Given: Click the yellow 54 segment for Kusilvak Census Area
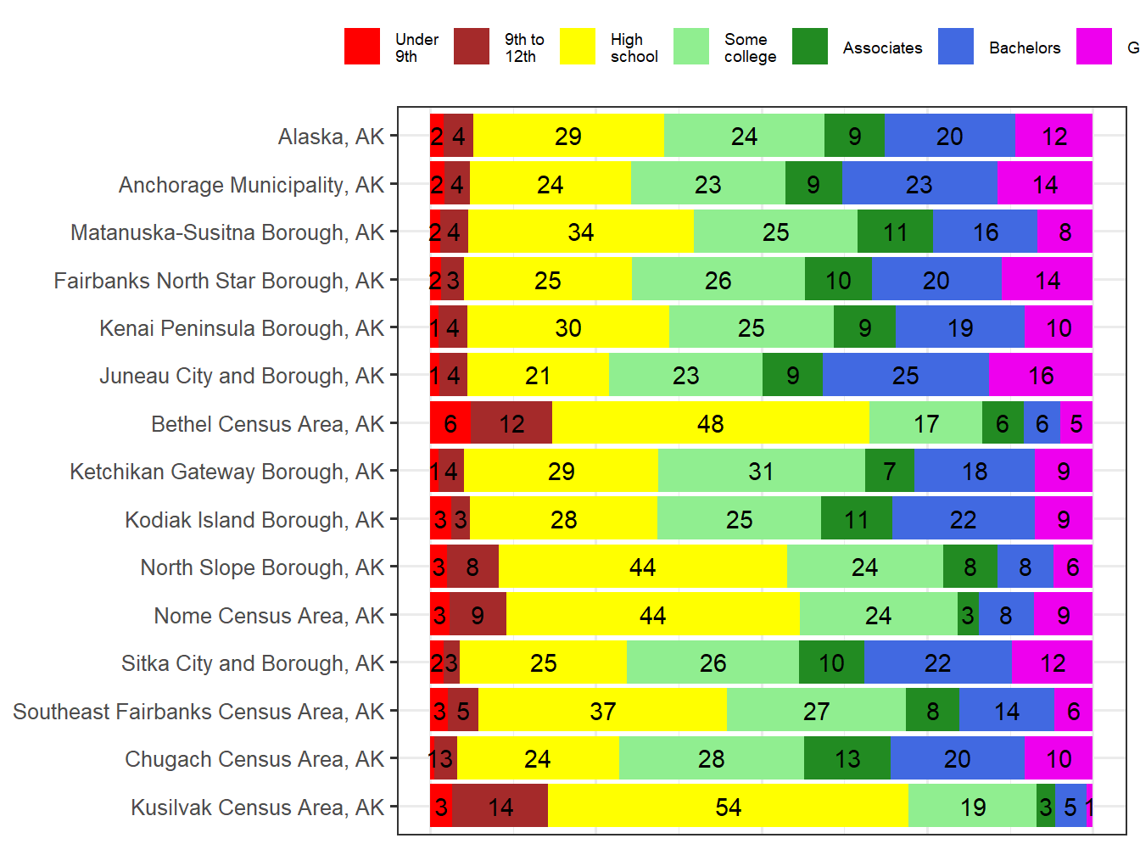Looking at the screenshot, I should click(x=728, y=807).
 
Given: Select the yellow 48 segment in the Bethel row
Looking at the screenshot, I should click(x=711, y=423).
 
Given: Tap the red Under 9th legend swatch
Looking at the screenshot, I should click(x=362, y=47).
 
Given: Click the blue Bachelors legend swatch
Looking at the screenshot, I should click(x=956, y=47).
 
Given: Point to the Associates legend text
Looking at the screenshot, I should click(x=882, y=48).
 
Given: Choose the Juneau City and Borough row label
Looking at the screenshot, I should click(x=242, y=376).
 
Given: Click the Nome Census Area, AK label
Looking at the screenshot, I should click(x=269, y=616).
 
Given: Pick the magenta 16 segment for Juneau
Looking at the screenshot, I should click(x=1041, y=376).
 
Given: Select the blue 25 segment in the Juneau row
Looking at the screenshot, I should click(x=905, y=376).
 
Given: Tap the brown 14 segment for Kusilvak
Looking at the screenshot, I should click(x=500, y=807).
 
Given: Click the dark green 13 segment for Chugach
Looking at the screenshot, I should click(x=847, y=758).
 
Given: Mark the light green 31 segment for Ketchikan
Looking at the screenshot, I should click(x=761, y=472).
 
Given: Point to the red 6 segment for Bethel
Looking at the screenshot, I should click(x=450, y=423).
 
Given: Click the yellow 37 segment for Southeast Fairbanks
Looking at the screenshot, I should click(x=602, y=711).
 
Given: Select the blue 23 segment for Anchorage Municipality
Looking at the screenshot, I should click(x=919, y=184).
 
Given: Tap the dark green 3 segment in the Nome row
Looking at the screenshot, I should click(x=968, y=615).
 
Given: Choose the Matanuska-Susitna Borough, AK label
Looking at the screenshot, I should click(x=227, y=232).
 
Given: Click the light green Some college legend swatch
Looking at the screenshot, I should click(x=691, y=47).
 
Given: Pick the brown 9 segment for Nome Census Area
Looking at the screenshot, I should click(x=478, y=615).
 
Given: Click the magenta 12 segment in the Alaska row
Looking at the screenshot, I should click(x=1054, y=137).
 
